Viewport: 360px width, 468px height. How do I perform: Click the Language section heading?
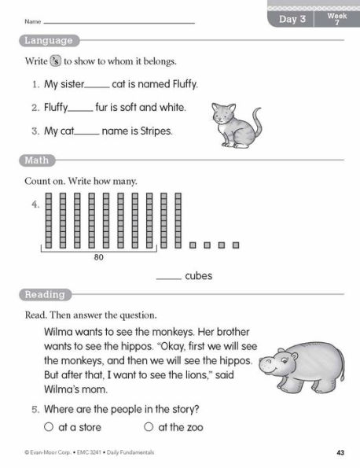pos(49,40)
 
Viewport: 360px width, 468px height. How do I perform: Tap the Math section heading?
pos(36,161)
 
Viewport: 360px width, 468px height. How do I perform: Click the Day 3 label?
pos(292,19)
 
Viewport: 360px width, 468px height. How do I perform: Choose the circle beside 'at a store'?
pos(49,427)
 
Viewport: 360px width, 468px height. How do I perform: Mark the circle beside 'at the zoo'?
pos(149,427)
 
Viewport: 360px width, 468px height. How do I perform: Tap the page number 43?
pos(340,452)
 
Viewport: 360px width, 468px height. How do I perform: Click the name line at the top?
pos(118,23)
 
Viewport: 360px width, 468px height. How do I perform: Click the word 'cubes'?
pos(198,276)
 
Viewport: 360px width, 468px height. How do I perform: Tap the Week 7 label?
pos(336,19)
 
